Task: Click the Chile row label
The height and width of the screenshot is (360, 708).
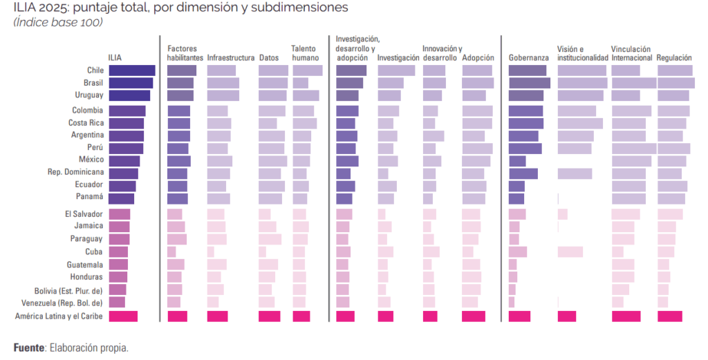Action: click(95, 70)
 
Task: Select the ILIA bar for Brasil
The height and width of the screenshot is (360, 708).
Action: click(131, 83)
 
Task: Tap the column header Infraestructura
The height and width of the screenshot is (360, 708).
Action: click(231, 58)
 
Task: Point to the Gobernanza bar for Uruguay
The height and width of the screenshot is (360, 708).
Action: click(526, 95)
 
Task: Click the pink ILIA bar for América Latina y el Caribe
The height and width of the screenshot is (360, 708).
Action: click(123, 316)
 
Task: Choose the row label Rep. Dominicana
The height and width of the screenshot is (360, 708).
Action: click(75, 172)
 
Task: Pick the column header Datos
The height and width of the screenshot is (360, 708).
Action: click(269, 58)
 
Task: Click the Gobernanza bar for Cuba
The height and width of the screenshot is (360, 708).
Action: click(518, 252)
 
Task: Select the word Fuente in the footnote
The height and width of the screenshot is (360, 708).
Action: click(28, 348)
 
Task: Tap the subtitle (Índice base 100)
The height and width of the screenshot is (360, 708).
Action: click(58, 23)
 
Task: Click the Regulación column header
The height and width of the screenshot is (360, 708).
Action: click(674, 58)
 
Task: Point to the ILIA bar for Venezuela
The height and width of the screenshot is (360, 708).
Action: click(117, 303)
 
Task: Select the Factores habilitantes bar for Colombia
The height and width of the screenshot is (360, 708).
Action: click(178, 111)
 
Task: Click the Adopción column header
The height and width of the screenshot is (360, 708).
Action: click(478, 58)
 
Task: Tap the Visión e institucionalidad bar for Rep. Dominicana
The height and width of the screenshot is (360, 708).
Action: click(575, 173)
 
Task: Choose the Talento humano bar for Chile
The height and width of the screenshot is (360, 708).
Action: click(308, 70)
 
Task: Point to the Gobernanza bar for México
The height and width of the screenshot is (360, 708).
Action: click(517, 161)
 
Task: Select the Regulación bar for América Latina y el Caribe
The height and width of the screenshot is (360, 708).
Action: click(670, 316)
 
